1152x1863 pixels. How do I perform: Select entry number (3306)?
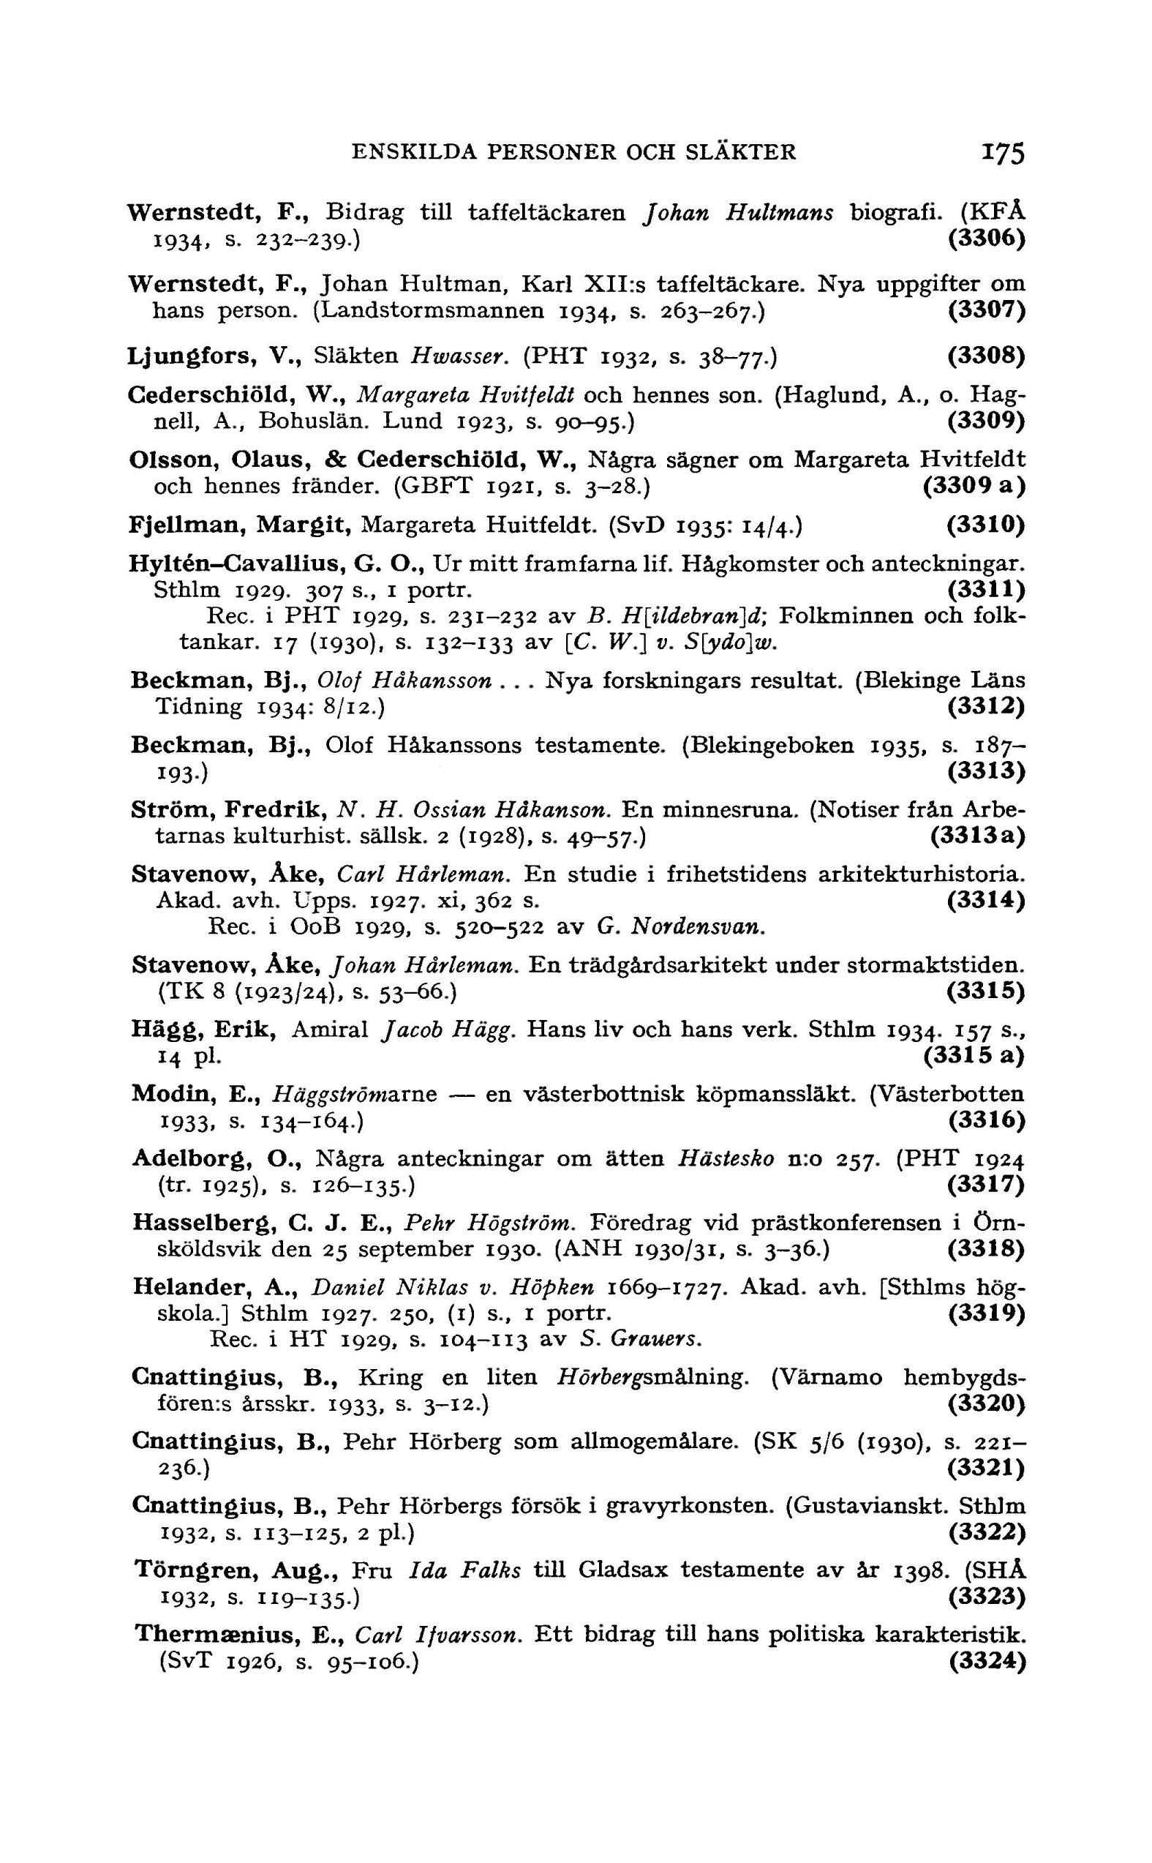[987, 239]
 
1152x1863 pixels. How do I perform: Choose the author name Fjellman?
[186, 525]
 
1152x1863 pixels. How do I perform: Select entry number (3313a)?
[977, 836]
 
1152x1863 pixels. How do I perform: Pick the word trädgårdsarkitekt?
[681, 966]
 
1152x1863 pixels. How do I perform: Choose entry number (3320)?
[987, 1403]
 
